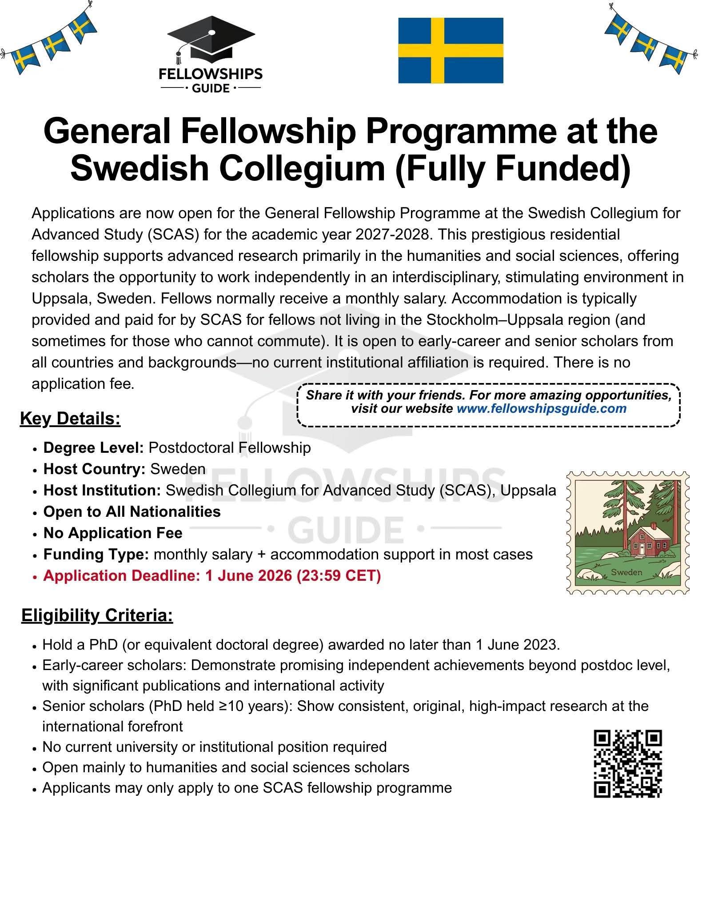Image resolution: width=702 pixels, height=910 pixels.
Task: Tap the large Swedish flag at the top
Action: coord(451,51)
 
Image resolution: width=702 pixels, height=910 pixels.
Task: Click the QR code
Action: coord(628,763)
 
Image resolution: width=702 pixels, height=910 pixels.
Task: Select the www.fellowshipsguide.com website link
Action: coord(541,408)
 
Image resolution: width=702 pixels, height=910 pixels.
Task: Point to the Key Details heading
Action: coord(70,419)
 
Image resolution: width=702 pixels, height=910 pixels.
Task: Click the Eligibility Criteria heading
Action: coord(97,615)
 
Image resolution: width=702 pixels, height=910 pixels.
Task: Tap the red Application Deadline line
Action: coord(212,575)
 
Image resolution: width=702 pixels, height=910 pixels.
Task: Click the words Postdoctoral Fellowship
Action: coord(229,447)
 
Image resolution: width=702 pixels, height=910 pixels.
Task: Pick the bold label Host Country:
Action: coord(94,469)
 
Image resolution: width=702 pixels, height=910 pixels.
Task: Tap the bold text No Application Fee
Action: coord(113,533)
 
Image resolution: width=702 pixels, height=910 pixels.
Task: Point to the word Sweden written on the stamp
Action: coord(626,572)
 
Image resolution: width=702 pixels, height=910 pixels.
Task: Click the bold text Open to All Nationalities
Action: coord(132,511)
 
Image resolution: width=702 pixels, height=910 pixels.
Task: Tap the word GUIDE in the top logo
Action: coord(211,88)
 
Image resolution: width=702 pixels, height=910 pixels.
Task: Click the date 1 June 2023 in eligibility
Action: coord(517,644)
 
